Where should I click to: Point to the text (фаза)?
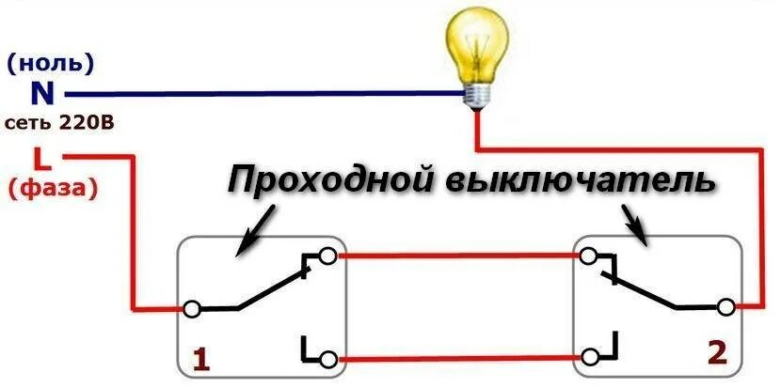click(54, 187)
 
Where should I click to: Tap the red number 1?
click(199, 357)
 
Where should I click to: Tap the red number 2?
click(718, 352)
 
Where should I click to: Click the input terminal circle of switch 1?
click(192, 308)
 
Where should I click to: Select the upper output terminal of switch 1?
click(327, 256)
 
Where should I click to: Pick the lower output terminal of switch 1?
click(327, 358)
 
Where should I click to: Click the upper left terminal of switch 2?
click(590, 256)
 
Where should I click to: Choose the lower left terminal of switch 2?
click(590, 358)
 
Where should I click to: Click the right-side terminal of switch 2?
click(725, 306)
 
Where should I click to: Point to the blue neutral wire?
click(263, 93)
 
